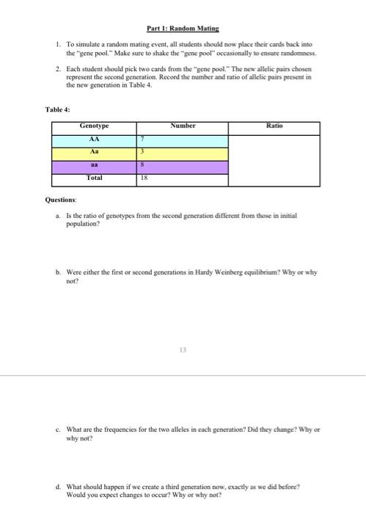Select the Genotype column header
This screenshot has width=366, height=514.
click(x=93, y=127)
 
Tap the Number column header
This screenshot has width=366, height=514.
click(x=183, y=127)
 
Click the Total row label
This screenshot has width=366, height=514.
click(x=93, y=178)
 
